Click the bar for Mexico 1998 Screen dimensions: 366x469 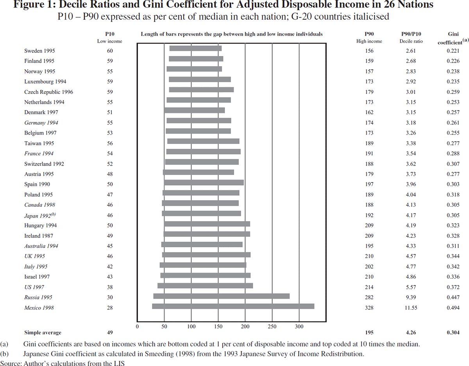[233, 306]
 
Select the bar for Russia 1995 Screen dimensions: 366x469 [222, 296]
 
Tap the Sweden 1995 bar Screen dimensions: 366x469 [195, 49]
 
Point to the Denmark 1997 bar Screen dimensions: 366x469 [195, 110]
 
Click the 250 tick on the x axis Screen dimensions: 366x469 [272, 326]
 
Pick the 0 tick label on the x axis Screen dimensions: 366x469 [137, 326]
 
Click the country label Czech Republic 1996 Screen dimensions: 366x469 [48, 92]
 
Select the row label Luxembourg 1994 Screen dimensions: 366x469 [45, 81]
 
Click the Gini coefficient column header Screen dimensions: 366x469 [453, 38]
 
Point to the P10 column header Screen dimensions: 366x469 [110, 34]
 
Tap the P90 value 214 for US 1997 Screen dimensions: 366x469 [369, 287]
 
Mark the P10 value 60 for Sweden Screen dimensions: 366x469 [110, 51]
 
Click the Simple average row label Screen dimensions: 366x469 [43, 333]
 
